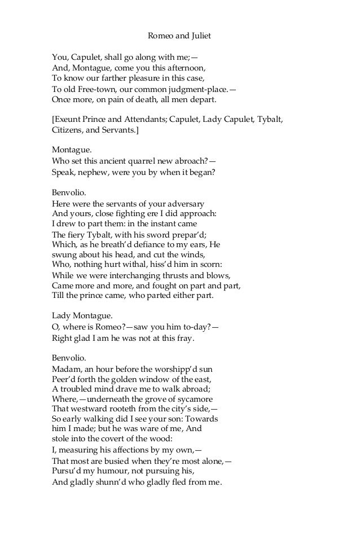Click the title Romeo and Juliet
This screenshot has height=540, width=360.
pyautogui.click(x=179, y=36)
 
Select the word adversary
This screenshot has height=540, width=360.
pyautogui.click(x=182, y=203)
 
